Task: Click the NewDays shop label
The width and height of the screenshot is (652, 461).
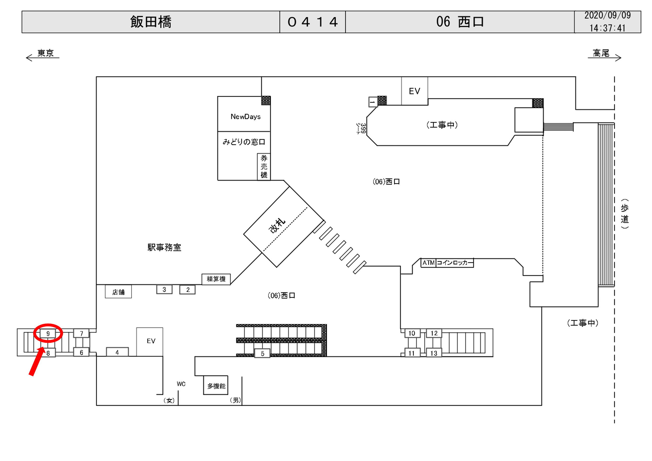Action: [x=245, y=117]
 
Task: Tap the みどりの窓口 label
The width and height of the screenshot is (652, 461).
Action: [x=244, y=142]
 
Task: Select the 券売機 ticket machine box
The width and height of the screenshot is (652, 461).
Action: [x=264, y=167]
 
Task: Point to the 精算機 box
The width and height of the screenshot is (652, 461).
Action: [x=216, y=279]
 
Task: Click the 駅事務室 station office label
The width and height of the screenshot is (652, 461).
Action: [x=164, y=248]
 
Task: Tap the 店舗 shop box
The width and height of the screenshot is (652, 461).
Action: [x=118, y=292]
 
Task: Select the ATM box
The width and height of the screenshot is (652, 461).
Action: [x=428, y=263]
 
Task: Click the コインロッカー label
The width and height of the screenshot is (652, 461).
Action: [x=455, y=263]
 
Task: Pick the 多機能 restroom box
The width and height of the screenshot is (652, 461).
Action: [x=216, y=386]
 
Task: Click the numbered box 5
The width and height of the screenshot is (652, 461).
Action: [x=262, y=354]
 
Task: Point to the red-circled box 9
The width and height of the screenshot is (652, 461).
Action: [x=48, y=334]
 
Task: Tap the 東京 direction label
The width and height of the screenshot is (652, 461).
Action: [x=45, y=53]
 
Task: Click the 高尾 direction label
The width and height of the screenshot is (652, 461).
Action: [x=601, y=53]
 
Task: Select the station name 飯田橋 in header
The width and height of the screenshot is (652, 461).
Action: [x=151, y=22]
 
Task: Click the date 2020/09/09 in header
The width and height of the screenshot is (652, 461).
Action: [x=607, y=16]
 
